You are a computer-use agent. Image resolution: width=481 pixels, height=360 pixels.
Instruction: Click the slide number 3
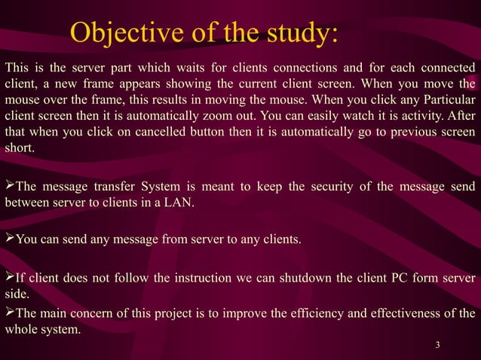pyautogui.click(x=437, y=345)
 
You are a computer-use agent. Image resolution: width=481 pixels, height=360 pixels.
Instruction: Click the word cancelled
pyautogui.click(x=167, y=133)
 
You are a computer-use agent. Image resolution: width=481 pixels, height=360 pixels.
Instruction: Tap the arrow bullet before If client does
pyautogui.click(x=10, y=278)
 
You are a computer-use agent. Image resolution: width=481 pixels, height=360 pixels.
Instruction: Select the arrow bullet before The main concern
pyautogui.click(x=10, y=313)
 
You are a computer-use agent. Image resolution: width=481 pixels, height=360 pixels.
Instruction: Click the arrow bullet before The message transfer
pyautogui.click(x=10, y=185)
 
